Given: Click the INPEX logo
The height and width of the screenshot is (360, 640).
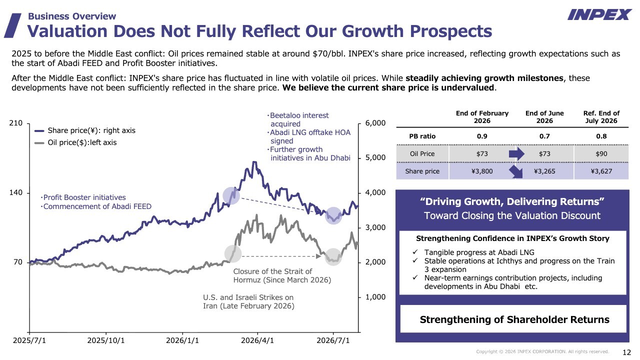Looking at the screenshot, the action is [x=599, y=14].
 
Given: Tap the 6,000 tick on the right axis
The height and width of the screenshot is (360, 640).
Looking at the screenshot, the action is [x=375, y=123].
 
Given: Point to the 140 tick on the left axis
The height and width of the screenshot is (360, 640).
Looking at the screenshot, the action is [x=15, y=192].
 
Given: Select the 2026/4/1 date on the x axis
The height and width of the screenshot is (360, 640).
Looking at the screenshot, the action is [x=257, y=340].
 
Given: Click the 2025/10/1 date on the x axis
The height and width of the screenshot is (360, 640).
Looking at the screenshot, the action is [x=106, y=340].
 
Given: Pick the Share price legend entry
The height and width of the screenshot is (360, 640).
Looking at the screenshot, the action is [x=85, y=130].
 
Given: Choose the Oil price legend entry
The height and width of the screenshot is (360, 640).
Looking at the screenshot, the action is [x=75, y=142].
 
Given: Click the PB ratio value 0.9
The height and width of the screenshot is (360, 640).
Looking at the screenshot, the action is [x=482, y=136].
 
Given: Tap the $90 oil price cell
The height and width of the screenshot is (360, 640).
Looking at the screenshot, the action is [x=601, y=153].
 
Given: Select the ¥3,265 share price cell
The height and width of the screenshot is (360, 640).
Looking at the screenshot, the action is [x=544, y=171].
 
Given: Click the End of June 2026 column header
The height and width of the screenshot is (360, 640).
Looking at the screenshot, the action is [x=544, y=117].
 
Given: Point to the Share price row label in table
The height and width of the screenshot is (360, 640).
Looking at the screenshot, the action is [x=422, y=171].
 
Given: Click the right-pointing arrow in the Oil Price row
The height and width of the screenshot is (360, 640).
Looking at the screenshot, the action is [x=516, y=154].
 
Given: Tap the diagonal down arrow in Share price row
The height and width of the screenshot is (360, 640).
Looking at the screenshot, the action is [x=516, y=172].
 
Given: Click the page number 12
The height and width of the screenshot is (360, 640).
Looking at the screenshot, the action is [x=626, y=352].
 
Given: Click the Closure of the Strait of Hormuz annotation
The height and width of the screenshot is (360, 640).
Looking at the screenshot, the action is [x=282, y=275].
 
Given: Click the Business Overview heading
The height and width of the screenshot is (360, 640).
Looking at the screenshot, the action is [x=72, y=16].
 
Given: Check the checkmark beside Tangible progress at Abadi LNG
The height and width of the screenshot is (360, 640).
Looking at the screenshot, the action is [x=415, y=252].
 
